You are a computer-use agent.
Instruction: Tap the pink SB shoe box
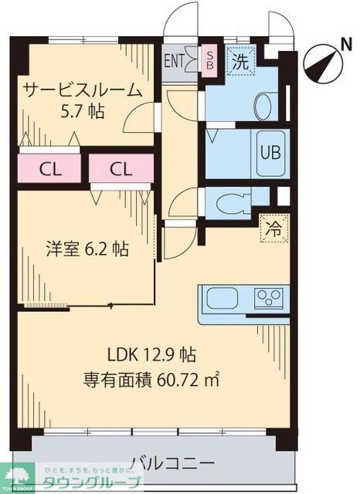click(x=209, y=59)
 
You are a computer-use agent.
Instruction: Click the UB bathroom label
click(x=270, y=152)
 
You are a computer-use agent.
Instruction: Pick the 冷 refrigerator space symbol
click(x=274, y=228)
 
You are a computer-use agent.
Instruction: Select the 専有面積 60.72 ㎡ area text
click(x=151, y=379)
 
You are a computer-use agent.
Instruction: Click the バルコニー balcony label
click(x=172, y=463)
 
